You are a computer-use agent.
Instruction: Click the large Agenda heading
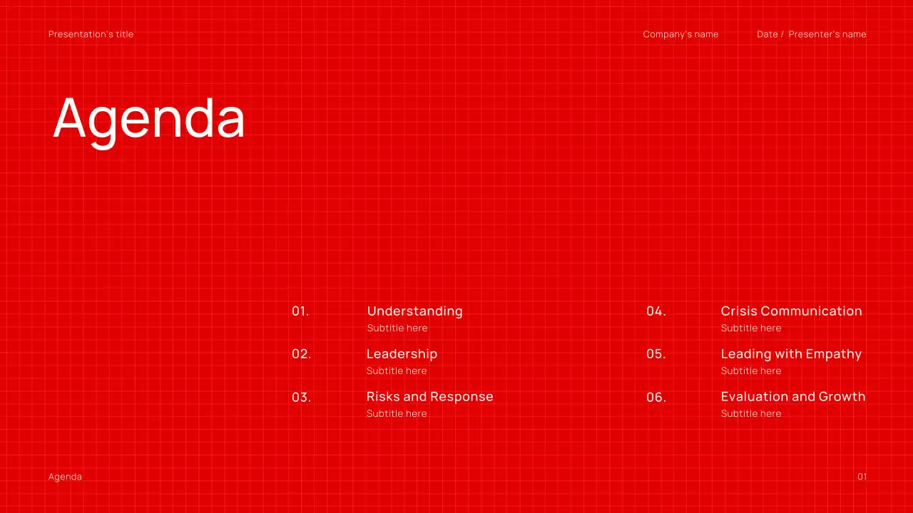(149, 118)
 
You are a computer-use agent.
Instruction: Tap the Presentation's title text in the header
(91, 34)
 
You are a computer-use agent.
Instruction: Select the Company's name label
(680, 34)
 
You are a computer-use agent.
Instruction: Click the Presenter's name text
(827, 34)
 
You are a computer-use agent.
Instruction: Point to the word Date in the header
(767, 34)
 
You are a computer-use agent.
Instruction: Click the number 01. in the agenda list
(300, 311)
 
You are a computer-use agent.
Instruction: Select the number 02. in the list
(301, 354)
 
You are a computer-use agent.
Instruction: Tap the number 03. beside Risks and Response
(301, 398)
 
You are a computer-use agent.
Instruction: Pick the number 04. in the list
(656, 311)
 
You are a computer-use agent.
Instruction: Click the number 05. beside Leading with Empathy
(656, 354)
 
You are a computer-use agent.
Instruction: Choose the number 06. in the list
(656, 398)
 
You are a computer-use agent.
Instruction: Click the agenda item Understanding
(414, 311)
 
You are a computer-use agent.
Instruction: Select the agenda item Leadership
(402, 354)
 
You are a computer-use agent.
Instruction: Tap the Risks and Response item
(429, 397)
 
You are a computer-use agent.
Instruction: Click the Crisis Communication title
(791, 311)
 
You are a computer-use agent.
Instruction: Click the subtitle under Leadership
(397, 370)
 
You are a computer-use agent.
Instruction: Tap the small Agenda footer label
(65, 477)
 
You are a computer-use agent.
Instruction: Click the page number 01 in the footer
(862, 477)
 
